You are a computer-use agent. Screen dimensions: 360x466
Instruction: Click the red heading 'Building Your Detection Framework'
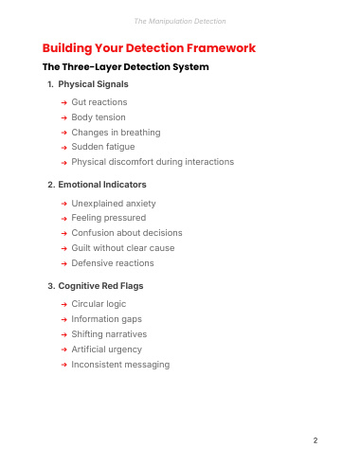[x=149, y=48]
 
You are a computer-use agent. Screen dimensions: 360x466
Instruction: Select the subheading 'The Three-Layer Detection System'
[x=126, y=67]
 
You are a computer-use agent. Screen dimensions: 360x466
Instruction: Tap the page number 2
[x=315, y=440]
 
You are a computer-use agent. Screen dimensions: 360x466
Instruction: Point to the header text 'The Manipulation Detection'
[x=180, y=21]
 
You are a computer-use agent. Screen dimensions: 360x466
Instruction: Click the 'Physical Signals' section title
[x=93, y=84]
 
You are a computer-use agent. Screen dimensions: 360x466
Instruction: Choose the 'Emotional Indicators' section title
[x=102, y=185]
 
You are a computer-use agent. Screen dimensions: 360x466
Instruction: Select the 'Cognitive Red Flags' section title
[x=100, y=286]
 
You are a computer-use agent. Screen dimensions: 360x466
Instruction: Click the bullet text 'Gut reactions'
[x=99, y=102]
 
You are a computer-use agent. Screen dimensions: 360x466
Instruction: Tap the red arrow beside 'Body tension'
[x=64, y=117]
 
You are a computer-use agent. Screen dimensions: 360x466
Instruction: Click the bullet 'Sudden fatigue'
[x=103, y=147]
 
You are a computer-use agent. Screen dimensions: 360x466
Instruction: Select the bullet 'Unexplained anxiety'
[x=114, y=204]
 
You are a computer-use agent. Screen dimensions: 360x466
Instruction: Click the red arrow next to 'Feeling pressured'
[x=64, y=219]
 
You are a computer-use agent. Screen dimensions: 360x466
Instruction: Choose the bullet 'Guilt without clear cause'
[x=123, y=248]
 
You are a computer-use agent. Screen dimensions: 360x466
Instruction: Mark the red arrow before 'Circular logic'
[x=64, y=304]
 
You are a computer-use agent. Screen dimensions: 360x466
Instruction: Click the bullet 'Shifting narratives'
[x=109, y=334]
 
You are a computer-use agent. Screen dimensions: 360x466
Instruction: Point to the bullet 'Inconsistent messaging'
[x=120, y=365]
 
